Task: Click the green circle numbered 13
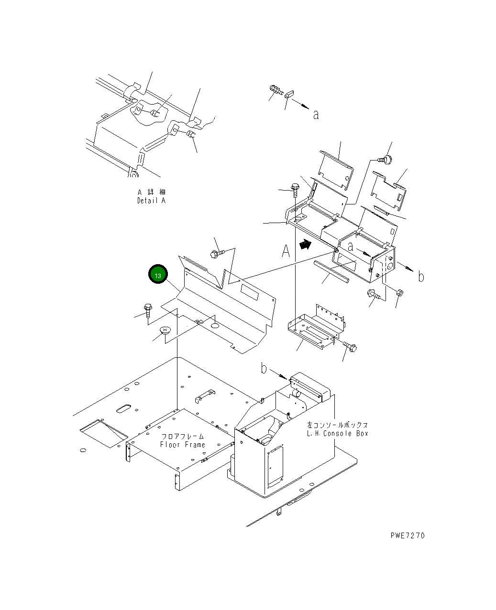point(158,274)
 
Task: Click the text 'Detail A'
point(151,201)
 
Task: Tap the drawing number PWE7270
point(407,535)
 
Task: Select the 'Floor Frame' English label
point(182,445)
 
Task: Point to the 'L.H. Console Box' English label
point(338,433)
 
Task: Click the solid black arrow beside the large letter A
point(304,245)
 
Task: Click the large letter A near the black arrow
point(286,251)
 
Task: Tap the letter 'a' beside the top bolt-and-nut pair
point(316,115)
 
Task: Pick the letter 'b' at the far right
point(421,277)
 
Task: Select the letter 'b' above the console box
point(264,368)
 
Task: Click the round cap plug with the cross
point(165,330)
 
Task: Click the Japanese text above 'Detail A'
point(151,192)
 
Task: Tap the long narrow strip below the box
point(331,272)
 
